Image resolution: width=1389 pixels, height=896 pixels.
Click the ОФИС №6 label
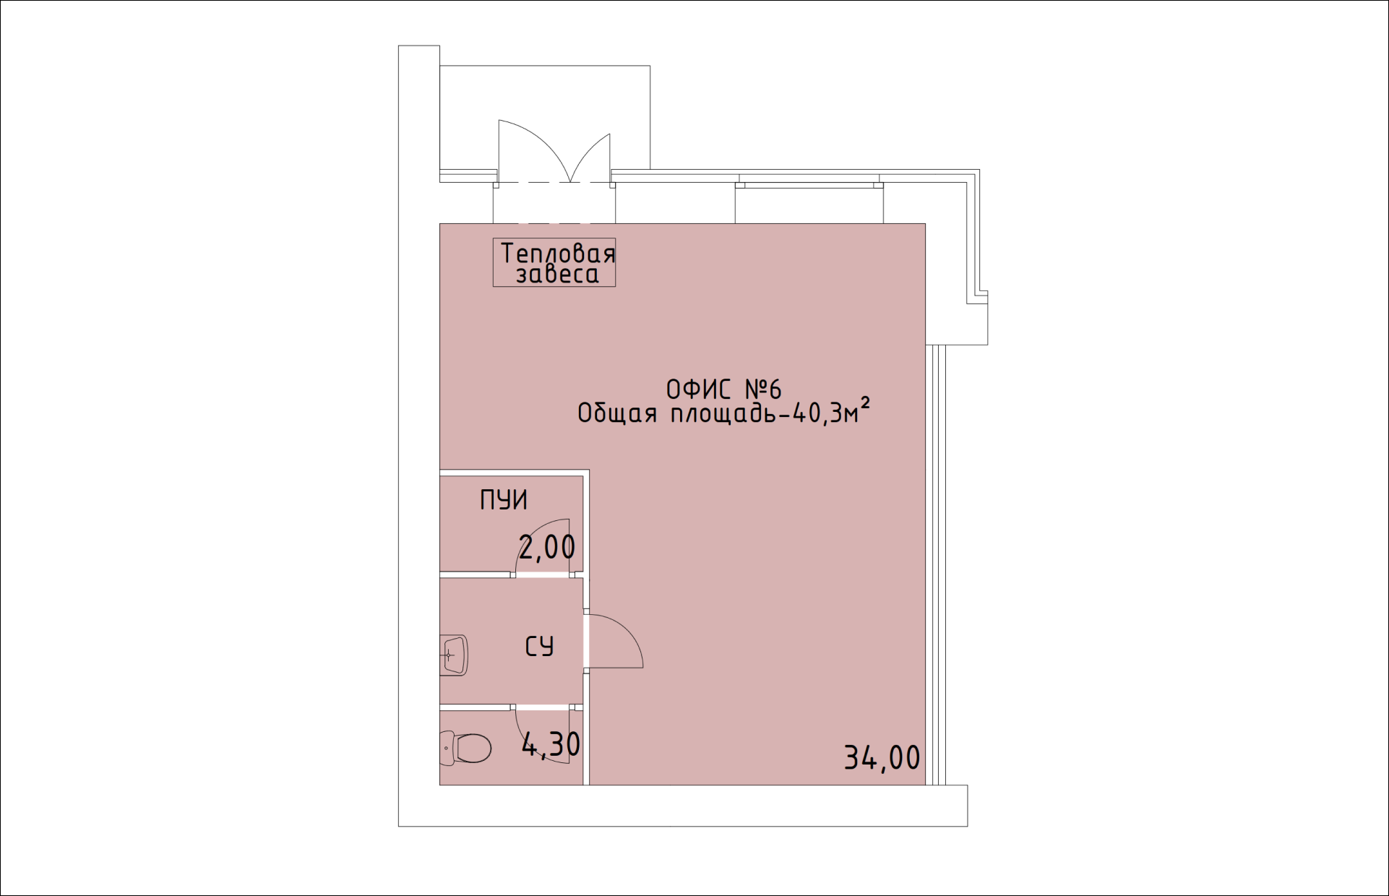coord(723,389)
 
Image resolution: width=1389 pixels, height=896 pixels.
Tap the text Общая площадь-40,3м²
coord(723,412)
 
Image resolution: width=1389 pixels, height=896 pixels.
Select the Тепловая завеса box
coord(554,262)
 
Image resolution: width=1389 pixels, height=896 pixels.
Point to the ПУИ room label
coord(504,500)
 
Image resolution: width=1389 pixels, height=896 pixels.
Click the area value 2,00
coord(547,547)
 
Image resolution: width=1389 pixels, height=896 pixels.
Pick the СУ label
coord(539,646)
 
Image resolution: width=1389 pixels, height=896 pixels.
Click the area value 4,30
coord(551,744)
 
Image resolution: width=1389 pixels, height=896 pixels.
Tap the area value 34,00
coord(882,757)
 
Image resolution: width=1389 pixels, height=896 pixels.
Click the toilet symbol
coord(465,748)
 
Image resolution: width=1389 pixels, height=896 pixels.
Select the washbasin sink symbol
coord(454,655)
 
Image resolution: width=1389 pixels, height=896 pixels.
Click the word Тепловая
coord(558,253)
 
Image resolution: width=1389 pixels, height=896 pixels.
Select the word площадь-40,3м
coord(764,413)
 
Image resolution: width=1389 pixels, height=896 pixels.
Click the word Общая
coord(617,413)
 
